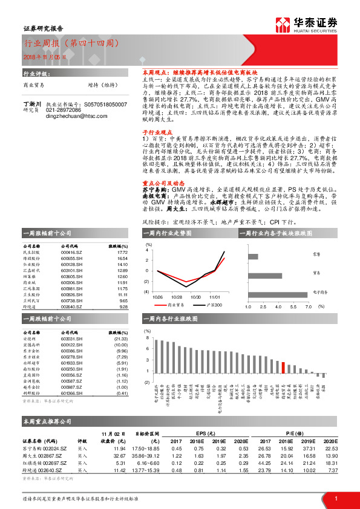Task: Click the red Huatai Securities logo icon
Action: click(x=284, y=24)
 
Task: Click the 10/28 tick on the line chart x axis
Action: click(x=177, y=297)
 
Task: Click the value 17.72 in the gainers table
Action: click(x=122, y=252)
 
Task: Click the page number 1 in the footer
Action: click(x=336, y=498)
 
